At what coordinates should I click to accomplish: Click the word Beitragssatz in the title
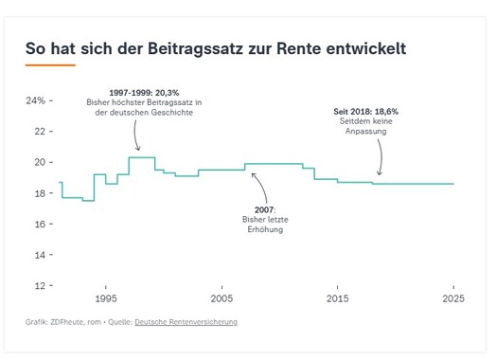[196, 49]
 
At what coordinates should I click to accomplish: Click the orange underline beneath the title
[50, 65]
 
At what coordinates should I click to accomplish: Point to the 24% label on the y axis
[36, 100]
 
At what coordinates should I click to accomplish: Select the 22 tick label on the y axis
[40, 132]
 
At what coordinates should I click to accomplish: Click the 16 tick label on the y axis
[40, 225]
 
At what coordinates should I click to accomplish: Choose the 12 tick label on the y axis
[40, 286]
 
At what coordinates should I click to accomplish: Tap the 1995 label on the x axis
[106, 298]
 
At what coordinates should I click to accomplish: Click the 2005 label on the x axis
[221, 298]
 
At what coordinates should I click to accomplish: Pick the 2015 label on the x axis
[338, 298]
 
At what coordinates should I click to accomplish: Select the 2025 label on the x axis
[453, 298]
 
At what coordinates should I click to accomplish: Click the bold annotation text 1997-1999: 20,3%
[144, 93]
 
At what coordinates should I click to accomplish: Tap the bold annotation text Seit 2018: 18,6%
[366, 112]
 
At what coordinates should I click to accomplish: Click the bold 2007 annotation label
[264, 209]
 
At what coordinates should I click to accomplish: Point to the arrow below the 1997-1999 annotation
[135, 135]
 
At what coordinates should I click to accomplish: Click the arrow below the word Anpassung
[381, 157]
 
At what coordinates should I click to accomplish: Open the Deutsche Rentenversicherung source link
[186, 322]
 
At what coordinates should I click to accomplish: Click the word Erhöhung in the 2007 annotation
[265, 229]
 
